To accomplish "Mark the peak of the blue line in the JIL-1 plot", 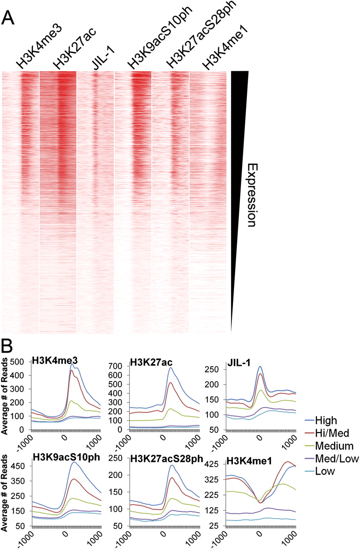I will click(x=260, y=367).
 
